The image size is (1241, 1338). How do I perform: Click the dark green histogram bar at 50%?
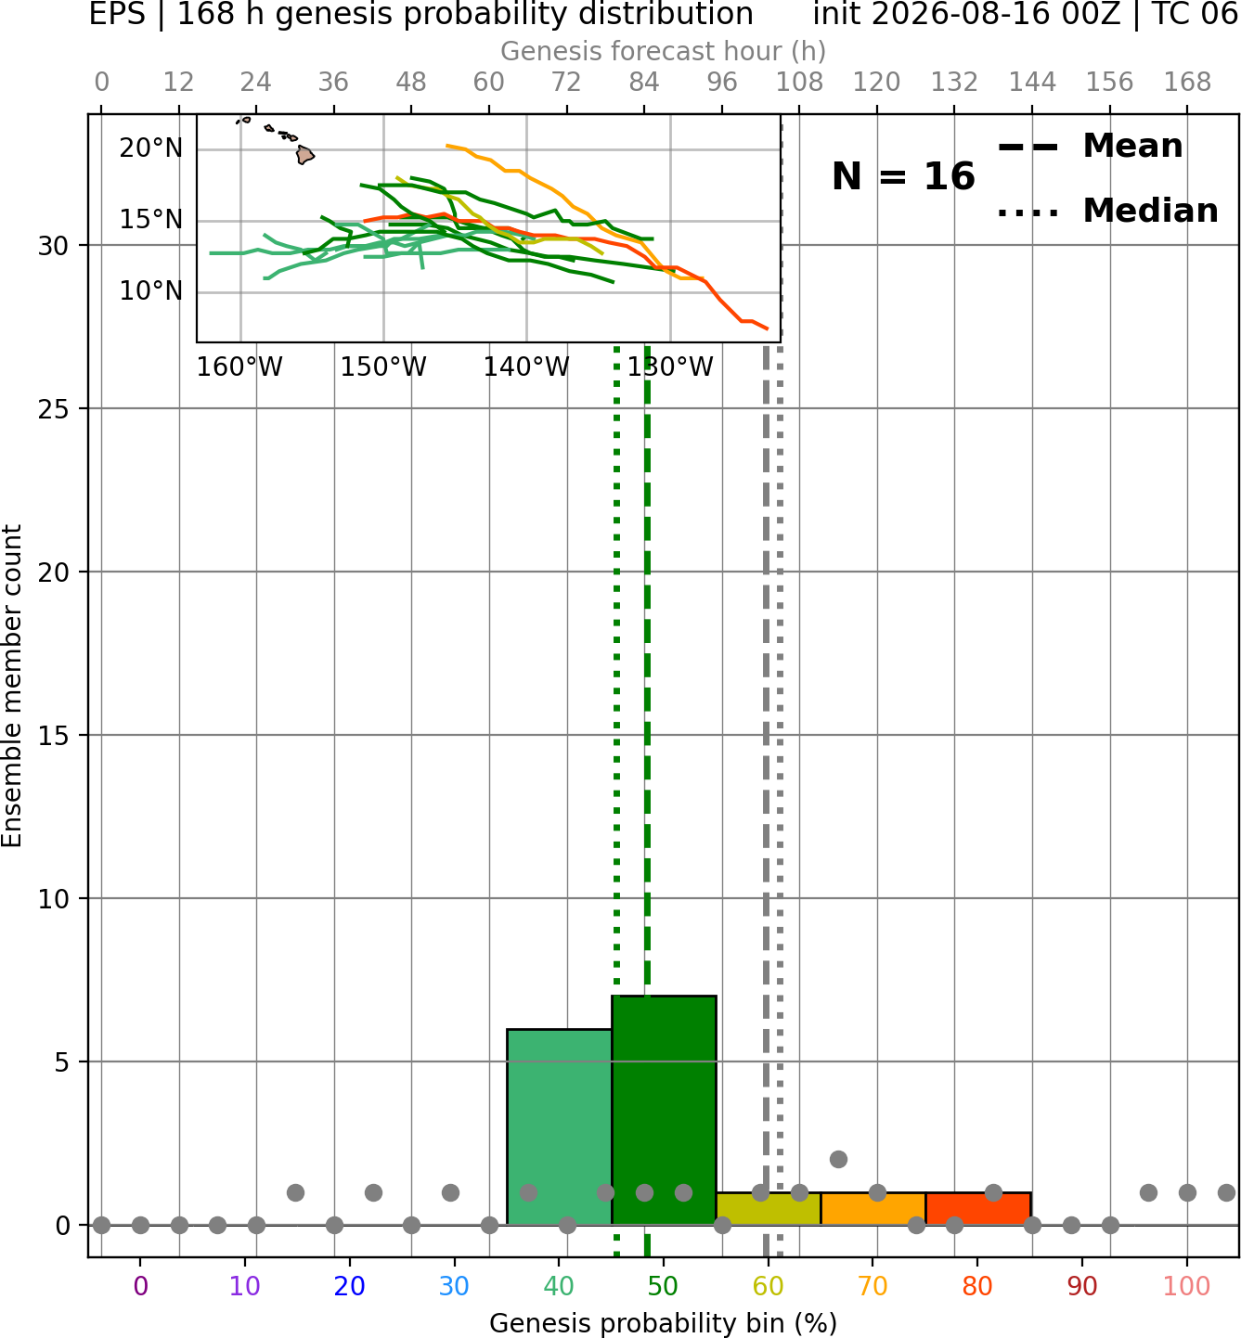point(664,1110)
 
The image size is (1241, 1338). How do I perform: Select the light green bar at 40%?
point(559,1126)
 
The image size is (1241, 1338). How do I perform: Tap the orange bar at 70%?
point(873,1209)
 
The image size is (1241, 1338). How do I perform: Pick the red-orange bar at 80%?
point(978,1209)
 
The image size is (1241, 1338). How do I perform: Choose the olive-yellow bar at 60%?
point(769,1209)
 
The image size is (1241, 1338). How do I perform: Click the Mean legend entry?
point(1090,147)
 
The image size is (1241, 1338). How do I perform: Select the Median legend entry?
point(1107,211)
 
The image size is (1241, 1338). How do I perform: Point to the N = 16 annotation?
point(903,176)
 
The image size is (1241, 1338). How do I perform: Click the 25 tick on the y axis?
point(54,409)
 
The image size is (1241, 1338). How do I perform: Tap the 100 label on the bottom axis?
point(1186,1287)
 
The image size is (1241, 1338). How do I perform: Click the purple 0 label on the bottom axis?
point(140,1287)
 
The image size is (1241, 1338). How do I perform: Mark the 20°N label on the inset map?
point(151,148)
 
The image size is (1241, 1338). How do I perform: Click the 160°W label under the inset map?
point(240,367)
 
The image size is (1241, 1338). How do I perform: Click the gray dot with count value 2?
point(838,1160)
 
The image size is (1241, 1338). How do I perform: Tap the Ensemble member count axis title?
point(11,686)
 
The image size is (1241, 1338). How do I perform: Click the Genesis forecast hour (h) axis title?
point(664,51)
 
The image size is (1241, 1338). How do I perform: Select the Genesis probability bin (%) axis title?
point(664,1323)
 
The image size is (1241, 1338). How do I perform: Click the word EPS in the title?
point(117,14)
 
